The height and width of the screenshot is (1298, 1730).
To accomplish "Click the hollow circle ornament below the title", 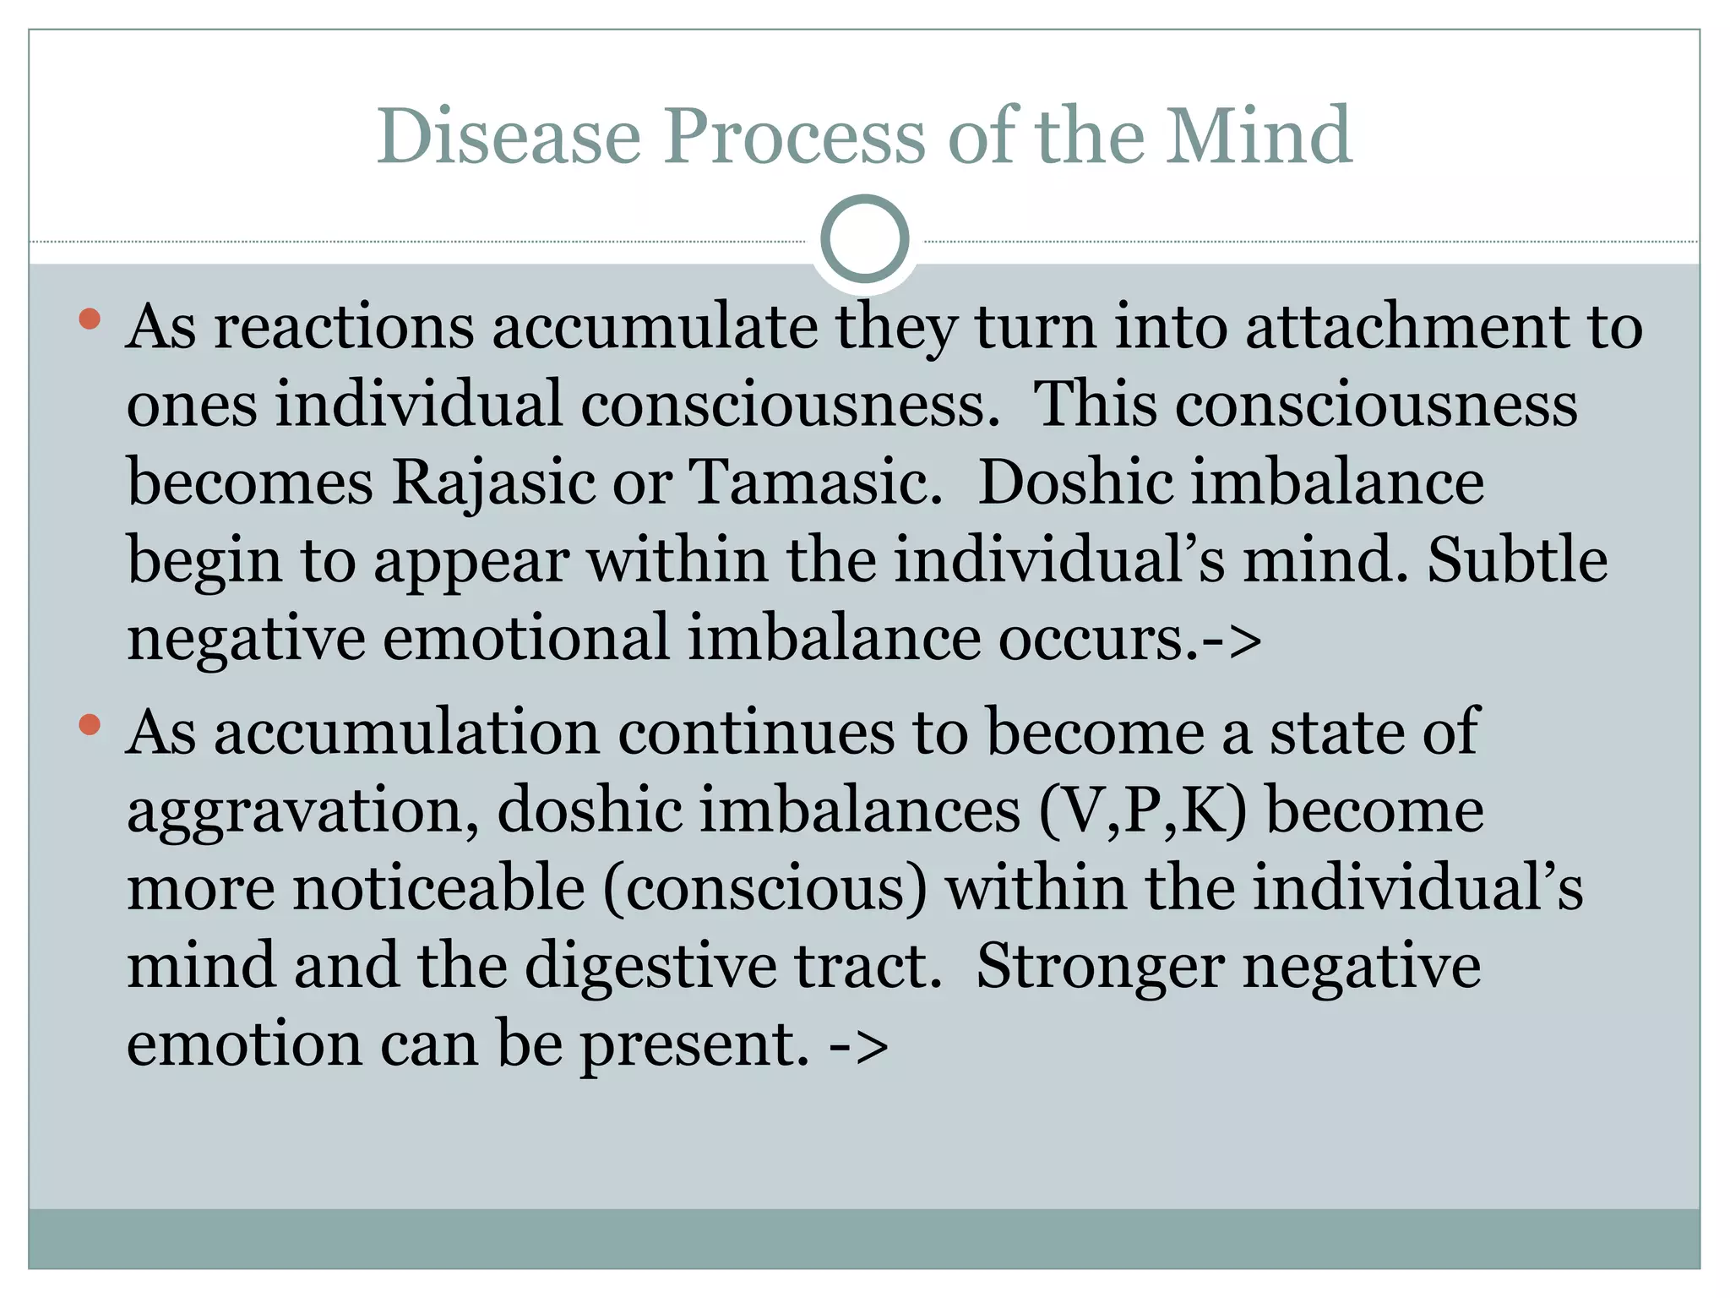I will click(x=865, y=239).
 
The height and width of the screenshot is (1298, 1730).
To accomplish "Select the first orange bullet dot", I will click(x=90, y=319).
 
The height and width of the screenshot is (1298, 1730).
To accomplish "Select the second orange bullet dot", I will click(x=90, y=725).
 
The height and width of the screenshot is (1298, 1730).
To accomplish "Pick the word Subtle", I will click(x=1517, y=560).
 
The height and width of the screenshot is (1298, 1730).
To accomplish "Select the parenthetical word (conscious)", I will click(x=764, y=888).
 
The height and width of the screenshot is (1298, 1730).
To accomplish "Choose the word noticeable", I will click(x=438, y=888).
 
